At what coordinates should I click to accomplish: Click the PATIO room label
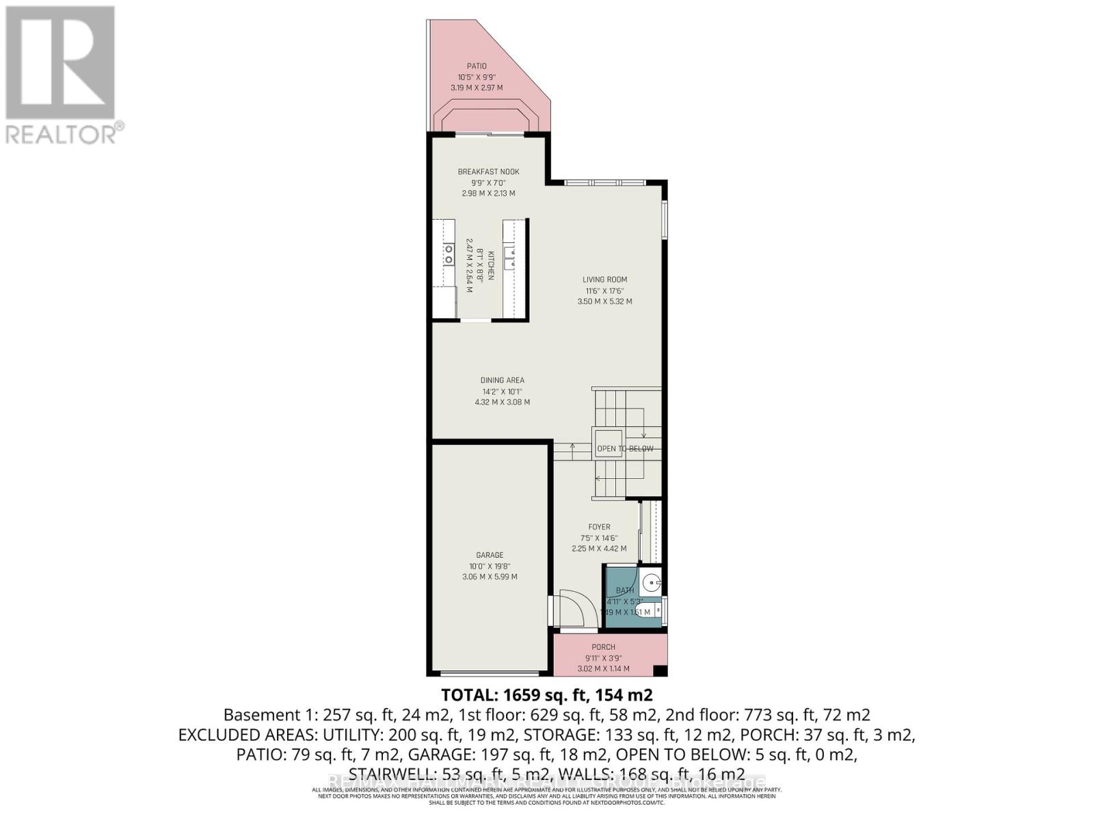tap(477, 66)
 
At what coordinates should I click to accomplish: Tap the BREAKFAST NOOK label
tap(488, 172)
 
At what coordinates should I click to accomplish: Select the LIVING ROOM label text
tap(604, 279)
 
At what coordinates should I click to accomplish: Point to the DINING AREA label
tap(502, 380)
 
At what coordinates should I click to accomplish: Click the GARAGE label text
tap(490, 555)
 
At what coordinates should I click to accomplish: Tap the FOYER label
tap(599, 527)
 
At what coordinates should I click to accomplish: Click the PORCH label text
tap(603, 647)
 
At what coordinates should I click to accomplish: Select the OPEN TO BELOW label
tap(625, 449)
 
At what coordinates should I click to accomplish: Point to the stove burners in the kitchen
tap(449, 255)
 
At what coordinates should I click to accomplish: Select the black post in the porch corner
tap(660, 670)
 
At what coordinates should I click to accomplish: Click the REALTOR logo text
tap(65, 133)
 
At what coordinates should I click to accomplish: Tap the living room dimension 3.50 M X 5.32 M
tap(604, 301)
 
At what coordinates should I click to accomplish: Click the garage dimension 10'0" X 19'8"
tap(490, 566)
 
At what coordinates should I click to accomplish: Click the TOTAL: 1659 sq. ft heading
tap(546, 695)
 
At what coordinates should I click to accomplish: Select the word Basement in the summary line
tap(257, 715)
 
